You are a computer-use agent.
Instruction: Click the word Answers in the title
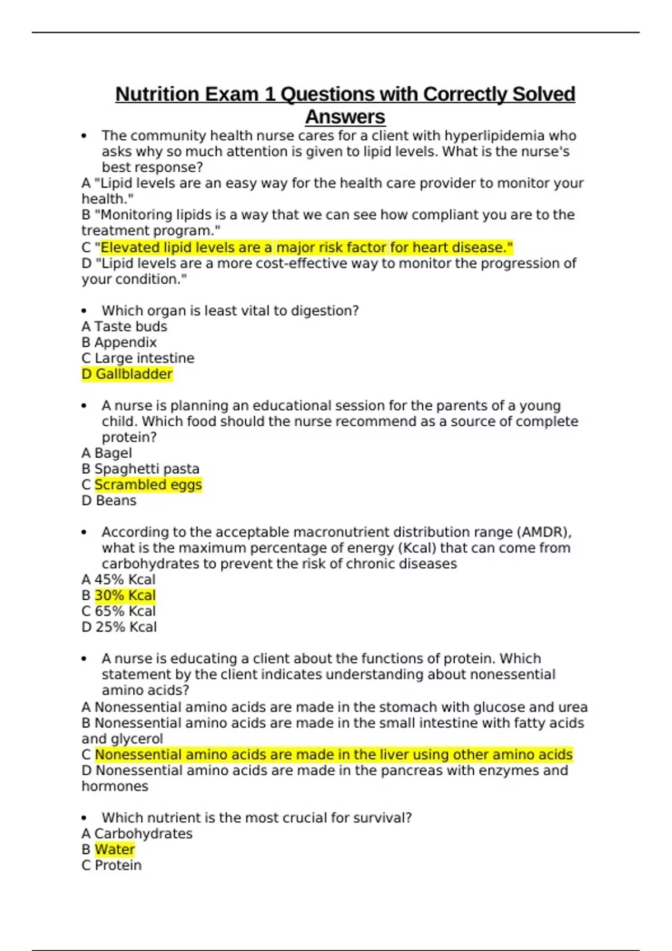click(345, 117)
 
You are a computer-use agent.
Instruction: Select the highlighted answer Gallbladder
click(133, 374)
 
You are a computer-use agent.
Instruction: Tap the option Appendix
click(125, 342)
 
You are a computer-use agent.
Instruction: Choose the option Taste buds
click(130, 327)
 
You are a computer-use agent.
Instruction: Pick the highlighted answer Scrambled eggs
click(148, 484)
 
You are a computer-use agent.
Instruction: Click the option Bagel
click(113, 453)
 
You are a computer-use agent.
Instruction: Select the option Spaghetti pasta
click(146, 469)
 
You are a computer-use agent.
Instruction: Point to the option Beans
click(115, 501)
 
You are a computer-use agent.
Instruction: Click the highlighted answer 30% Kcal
click(125, 595)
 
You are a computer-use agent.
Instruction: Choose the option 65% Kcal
click(125, 611)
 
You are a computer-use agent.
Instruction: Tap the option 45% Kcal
click(124, 580)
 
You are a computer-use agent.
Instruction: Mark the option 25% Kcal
click(125, 627)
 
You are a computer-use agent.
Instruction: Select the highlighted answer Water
click(115, 849)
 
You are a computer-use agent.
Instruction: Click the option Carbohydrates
click(143, 834)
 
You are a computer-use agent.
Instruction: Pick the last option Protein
click(118, 865)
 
